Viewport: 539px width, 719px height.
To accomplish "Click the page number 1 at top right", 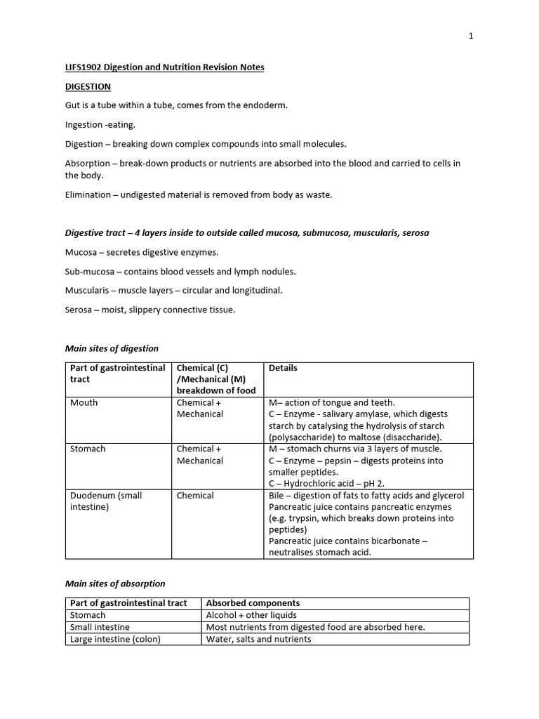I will (471, 37).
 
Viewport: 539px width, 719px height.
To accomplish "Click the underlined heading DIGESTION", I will (88, 86).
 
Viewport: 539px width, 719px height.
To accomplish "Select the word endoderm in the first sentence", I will (265, 105).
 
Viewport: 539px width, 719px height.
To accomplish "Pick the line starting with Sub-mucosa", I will (180, 271).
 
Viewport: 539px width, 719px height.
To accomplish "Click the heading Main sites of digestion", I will (112, 348).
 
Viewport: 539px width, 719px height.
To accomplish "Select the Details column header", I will (284, 368).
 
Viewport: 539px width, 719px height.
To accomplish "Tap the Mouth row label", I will (84, 403).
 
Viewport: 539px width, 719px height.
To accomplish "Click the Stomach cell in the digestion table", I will (88, 449).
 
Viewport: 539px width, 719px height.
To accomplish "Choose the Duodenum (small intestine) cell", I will (106, 501).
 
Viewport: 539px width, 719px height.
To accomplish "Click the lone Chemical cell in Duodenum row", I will (195, 496).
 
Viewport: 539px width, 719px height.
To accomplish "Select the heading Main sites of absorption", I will (115, 583).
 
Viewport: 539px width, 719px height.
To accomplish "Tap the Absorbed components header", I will (253, 603).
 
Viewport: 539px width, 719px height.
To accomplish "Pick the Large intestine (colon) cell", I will (116, 640).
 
